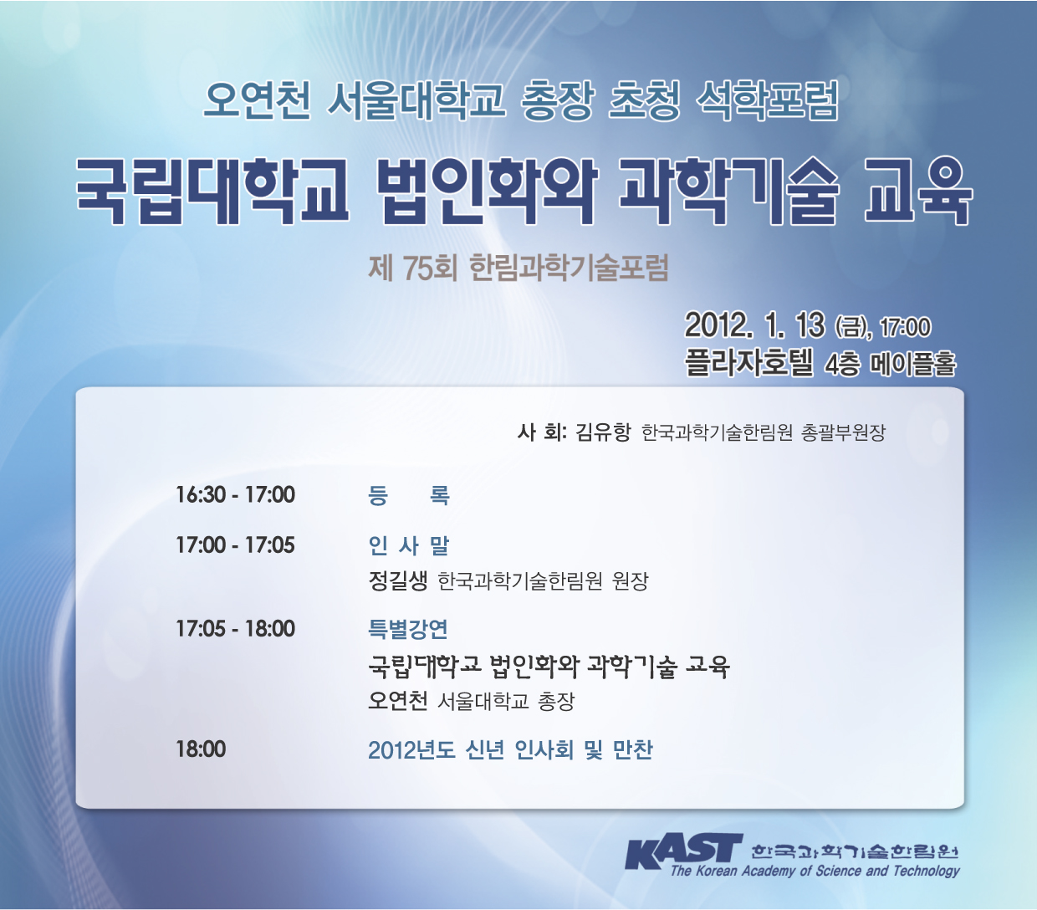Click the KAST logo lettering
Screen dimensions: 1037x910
click(684, 851)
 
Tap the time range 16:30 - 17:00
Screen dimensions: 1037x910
click(236, 494)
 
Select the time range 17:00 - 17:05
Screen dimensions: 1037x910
click(236, 544)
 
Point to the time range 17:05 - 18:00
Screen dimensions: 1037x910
click(236, 628)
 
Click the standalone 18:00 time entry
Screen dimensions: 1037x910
click(201, 749)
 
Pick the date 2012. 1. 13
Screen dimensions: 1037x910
click(755, 325)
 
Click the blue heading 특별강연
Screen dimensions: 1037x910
click(408, 629)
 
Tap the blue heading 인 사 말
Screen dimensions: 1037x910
click(408, 545)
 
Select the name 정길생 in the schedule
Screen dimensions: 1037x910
click(398, 580)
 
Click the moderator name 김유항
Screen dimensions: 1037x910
click(603, 432)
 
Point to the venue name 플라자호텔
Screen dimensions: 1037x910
click(748, 363)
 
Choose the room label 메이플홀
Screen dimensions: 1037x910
click(913, 364)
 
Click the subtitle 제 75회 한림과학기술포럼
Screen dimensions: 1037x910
click(518, 268)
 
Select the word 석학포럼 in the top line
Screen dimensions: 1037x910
click(767, 100)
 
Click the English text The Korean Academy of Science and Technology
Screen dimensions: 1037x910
click(815, 871)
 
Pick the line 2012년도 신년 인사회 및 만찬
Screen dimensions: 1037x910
click(510, 749)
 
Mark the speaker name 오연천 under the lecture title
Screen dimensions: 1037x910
click(398, 701)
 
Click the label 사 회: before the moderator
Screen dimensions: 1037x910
click(542, 432)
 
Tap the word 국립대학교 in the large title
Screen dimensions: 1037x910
click(213, 191)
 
